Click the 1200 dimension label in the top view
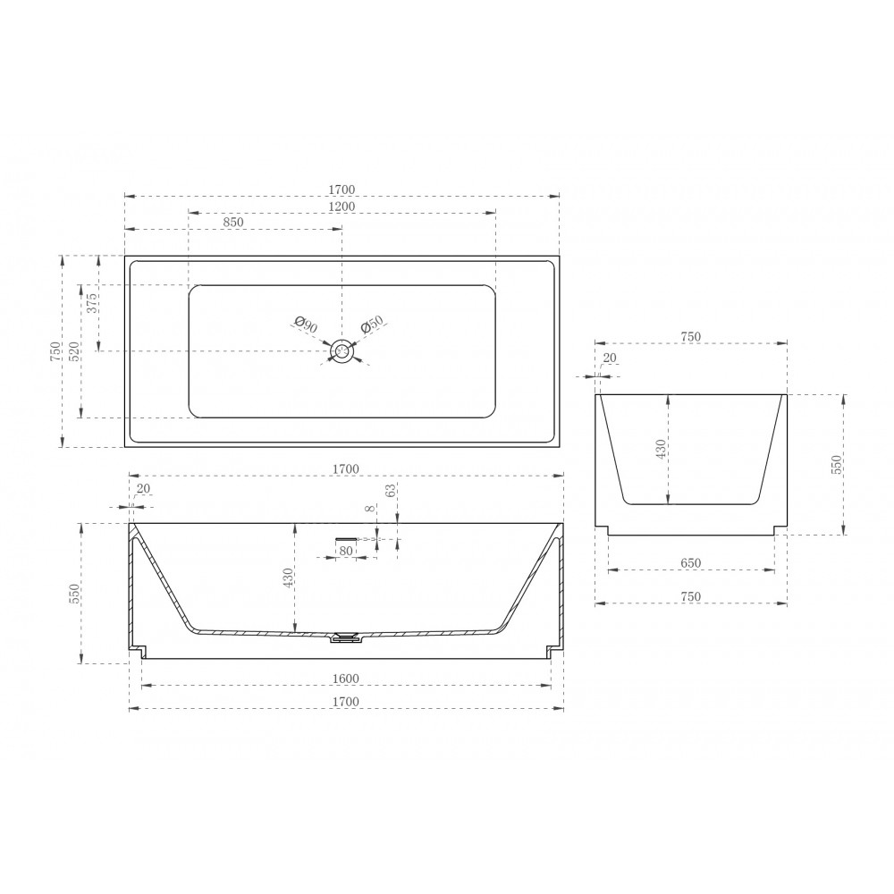pos(342,207)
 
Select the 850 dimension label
pos(233,223)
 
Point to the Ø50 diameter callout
pos(372,325)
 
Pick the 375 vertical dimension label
pos(92,303)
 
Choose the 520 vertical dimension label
pos(75,351)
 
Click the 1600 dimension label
pos(345,679)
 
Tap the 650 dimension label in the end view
pos(690,563)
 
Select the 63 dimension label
pos(391,490)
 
